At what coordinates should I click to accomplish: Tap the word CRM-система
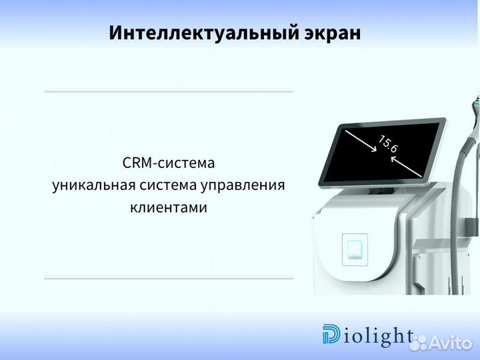[x=169, y=163]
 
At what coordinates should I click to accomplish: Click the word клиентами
[x=169, y=207]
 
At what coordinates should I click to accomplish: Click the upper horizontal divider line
[x=168, y=91]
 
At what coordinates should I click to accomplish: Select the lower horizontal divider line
[x=168, y=278]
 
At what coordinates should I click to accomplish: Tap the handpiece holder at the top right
[x=475, y=107]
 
